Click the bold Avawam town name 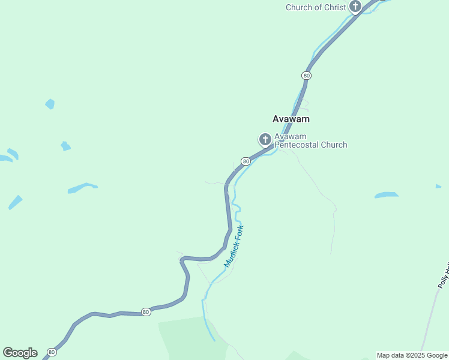point(291,119)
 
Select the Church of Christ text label point(316,7)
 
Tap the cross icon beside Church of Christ point(355,7)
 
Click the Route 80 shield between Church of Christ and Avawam point(307,76)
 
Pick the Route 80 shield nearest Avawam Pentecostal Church point(246,161)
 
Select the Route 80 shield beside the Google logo point(52,352)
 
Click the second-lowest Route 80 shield point(146,312)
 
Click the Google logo point(20,353)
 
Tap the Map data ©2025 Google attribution point(412,355)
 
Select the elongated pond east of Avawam point(386,195)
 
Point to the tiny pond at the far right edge point(438,187)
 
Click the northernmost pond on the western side point(50,104)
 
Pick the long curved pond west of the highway point(82,188)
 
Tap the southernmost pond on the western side point(15,202)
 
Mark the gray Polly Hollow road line point(431,318)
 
